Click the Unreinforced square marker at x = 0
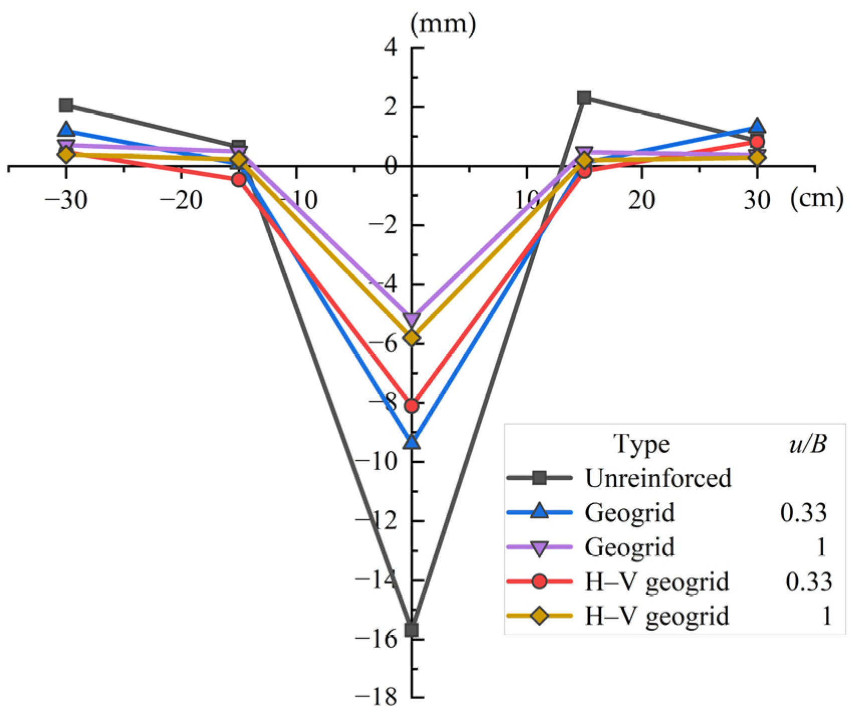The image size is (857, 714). tap(412, 630)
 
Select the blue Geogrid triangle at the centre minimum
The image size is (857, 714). tap(412, 442)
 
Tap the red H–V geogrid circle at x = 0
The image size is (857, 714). tap(412, 405)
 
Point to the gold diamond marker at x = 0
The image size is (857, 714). tap(412, 338)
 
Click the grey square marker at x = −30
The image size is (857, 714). tap(66, 105)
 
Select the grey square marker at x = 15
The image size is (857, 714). tap(584, 97)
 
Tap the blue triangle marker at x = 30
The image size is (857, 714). tap(757, 126)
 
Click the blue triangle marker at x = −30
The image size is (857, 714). tap(66, 130)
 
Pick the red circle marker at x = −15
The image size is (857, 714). tap(239, 180)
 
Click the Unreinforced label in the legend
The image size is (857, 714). tap(658, 478)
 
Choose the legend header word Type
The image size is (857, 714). tap(641, 445)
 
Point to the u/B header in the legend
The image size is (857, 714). tap(807, 444)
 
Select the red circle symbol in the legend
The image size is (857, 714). tap(540, 582)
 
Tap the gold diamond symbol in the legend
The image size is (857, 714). tap(540, 616)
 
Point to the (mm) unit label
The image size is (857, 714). tap(443, 24)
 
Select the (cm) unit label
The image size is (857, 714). tap(816, 199)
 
